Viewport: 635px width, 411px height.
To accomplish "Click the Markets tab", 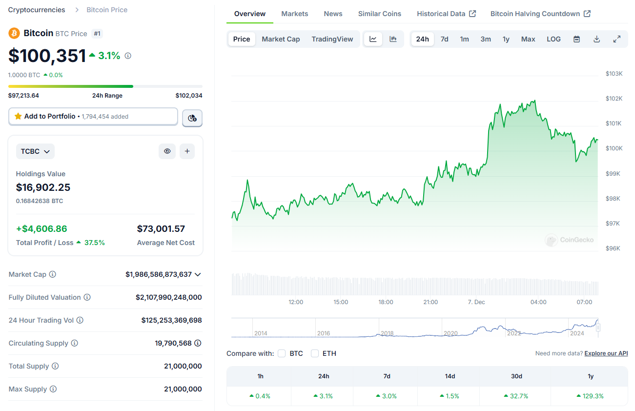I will coord(294,14).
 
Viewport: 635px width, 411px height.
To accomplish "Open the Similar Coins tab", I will coord(379,14).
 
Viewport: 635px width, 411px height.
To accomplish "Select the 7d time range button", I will coord(444,39).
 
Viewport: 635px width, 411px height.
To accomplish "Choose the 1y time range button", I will coord(506,39).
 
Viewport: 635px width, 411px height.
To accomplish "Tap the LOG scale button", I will coord(553,39).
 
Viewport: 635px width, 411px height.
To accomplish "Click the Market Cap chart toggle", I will coord(281,39).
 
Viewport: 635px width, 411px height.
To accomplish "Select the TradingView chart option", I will coord(332,39).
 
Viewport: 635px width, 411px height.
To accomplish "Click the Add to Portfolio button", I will coord(93,117).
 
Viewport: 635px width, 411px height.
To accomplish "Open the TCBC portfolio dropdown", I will coord(35,151).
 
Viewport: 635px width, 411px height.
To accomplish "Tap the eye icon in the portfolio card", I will coord(167,151).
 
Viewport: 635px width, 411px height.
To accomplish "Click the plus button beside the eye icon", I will coord(187,151).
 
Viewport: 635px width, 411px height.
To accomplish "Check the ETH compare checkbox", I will coord(315,353).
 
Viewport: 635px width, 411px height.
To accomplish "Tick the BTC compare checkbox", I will coord(282,353).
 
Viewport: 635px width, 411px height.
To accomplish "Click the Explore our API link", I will coord(606,353).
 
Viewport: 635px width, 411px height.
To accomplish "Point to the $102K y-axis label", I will coord(614,99).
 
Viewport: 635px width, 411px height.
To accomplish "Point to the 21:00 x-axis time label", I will coord(430,302).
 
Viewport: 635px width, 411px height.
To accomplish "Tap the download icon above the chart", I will coord(596,39).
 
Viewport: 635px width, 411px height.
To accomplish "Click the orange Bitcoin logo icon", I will coord(14,33).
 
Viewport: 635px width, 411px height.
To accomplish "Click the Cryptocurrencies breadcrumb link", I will coord(37,10).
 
